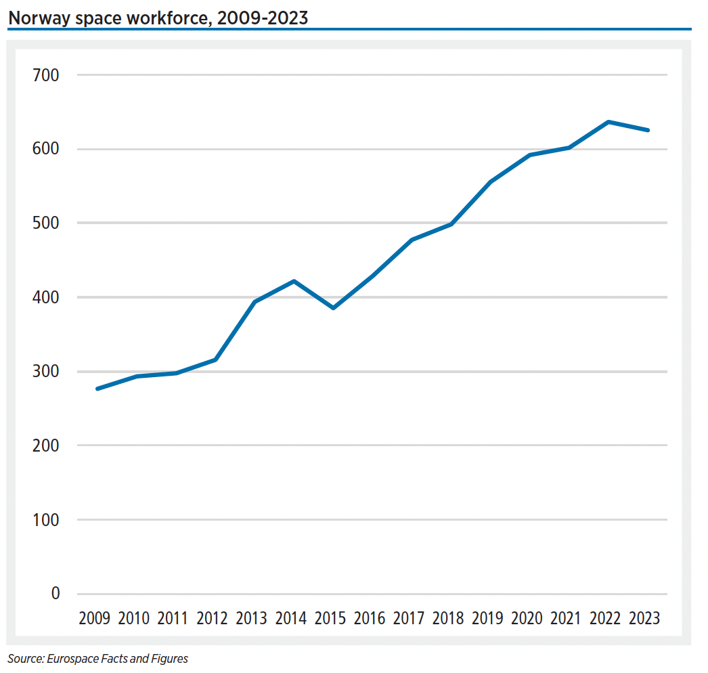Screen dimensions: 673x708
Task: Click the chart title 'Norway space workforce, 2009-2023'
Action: coord(158,18)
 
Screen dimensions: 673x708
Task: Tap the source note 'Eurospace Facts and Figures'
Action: coord(98,658)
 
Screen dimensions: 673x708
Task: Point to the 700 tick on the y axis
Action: coord(46,75)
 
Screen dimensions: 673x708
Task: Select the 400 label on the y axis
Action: coord(46,297)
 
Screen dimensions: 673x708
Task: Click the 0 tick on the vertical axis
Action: coord(55,594)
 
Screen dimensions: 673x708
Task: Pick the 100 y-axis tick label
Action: coord(46,520)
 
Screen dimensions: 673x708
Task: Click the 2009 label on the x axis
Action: coord(94,619)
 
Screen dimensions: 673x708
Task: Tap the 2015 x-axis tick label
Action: coord(330,619)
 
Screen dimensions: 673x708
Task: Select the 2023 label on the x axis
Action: coord(644,619)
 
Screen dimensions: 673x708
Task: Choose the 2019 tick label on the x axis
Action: coord(487,619)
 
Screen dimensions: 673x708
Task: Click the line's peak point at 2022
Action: coord(609,122)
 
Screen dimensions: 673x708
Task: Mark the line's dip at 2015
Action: coord(333,308)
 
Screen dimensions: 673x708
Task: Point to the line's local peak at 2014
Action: coord(294,281)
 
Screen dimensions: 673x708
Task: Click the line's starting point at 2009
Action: coord(97,389)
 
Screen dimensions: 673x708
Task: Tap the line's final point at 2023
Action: coord(648,130)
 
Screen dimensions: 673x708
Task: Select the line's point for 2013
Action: coord(255,302)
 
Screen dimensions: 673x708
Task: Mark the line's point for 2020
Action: coord(530,155)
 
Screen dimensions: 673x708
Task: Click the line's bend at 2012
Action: coord(215,360)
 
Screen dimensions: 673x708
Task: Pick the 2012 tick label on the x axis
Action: coord(212,619)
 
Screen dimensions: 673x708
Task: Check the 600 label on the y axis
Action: coord(46,149)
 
